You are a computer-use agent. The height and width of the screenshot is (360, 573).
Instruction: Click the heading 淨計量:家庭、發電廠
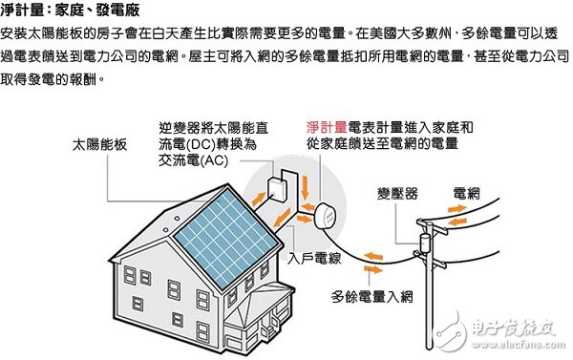(x=74, y=11)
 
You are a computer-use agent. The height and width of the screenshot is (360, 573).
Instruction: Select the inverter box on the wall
(x=277, y=187)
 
